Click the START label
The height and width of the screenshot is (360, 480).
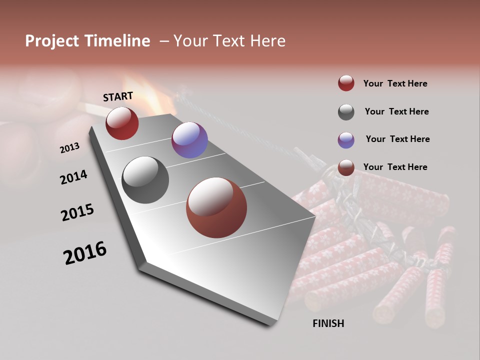click(x=118, y=96)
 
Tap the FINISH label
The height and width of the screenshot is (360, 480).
click(x=328, y=323)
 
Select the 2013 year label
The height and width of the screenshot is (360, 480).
click(x=69, y=148)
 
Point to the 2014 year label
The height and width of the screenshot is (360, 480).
click(x=73, y=177)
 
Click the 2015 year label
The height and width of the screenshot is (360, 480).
click(x=77, y=212)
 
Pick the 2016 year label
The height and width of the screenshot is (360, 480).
click(x=85, y=253)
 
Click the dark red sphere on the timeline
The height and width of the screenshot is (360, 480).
click(x=122, y=123)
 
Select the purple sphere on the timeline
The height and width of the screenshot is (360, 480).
click(x=189, y=140)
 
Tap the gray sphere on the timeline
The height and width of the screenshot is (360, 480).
click(x=145, y=179)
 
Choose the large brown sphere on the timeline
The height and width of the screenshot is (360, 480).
click(x=216, y=207)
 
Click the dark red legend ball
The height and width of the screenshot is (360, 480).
click(x=346, y=83)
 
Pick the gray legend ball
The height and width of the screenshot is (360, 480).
click(x=346, y=112)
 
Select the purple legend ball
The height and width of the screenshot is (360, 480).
click(x=346, y=140)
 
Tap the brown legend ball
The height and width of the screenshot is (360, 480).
click(x=346, y=167)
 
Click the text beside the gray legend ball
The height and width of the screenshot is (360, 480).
click(x=396, y=111)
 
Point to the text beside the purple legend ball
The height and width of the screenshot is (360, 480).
click(x=397, y=139)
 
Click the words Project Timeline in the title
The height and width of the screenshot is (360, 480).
click(x=87, y=41)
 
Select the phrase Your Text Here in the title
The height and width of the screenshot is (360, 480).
click(x=229, y=41)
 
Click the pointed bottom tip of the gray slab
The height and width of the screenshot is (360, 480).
click(x=272, y=324)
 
